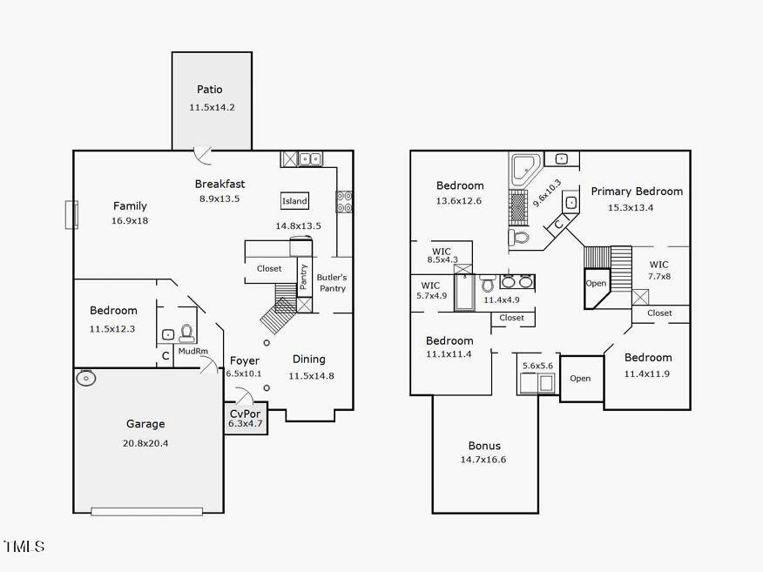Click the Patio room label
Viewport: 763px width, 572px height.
(209, 90)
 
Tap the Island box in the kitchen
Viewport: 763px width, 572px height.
(294, 201)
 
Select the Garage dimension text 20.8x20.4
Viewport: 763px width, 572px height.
(145, 443)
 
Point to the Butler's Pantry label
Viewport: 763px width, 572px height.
(331, 283)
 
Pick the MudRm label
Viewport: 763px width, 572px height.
(192, 352)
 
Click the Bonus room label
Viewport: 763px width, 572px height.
(484, 446)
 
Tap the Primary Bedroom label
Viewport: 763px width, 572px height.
(637, 192)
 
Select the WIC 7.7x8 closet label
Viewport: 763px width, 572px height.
(658, 265)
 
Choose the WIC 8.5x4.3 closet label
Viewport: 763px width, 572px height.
(442, 252)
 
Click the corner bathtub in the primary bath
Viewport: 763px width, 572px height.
(525, 168)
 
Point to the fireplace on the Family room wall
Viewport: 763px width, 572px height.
(71, 214)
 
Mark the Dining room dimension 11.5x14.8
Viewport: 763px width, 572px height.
(311, 376)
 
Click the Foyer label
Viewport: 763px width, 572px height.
(245, 360)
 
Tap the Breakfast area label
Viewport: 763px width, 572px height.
(219, 184)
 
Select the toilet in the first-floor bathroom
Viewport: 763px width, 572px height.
(186, 333)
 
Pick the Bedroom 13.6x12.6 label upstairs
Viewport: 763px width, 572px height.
(460, 185)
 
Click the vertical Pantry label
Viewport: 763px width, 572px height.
(304, 277)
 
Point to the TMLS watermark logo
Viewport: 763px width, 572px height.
(24, 547)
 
